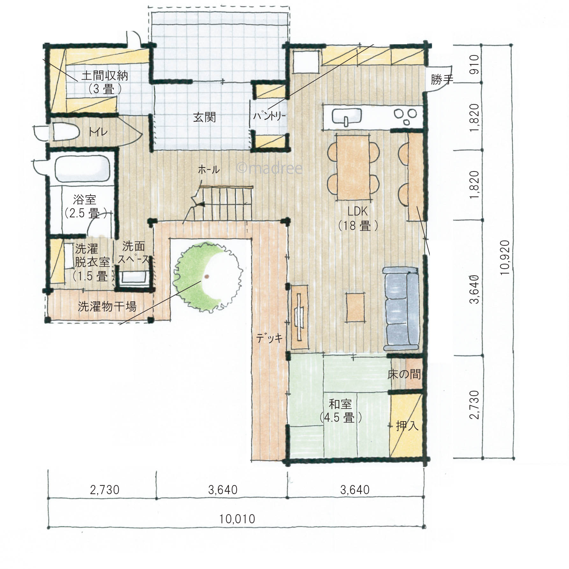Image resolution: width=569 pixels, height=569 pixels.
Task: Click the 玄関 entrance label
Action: [204, 117]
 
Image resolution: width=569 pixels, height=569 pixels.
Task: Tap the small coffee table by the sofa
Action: [355, 307]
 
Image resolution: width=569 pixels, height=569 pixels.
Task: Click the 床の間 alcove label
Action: [404, 374]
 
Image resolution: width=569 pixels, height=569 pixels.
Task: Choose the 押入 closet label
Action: [407, 425]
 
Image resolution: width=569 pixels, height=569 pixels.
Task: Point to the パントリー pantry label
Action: [270, 116]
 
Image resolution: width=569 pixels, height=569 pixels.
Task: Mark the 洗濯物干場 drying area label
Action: [107, 306]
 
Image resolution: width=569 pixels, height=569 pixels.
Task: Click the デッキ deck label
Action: [270, 338]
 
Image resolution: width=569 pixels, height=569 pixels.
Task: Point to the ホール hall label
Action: [209, 169]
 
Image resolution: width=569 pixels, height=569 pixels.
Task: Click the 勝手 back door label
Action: [442, 79]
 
